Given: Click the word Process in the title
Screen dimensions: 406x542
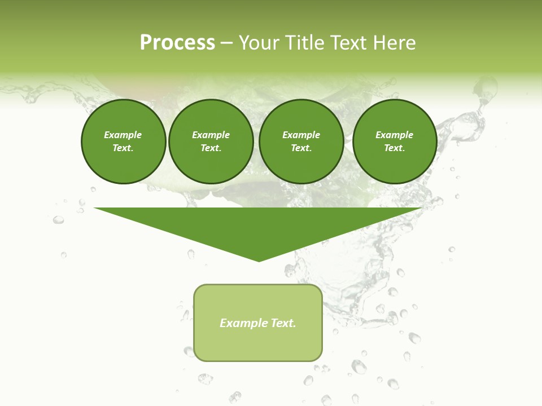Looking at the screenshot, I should coord(177,43).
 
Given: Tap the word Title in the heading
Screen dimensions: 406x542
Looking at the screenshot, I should coord(304,43).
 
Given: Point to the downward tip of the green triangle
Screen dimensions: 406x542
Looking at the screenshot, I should coord(259,260).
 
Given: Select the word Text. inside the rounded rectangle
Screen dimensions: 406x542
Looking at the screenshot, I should coord(283,323).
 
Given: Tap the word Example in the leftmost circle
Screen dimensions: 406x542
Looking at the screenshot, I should coord(123,135).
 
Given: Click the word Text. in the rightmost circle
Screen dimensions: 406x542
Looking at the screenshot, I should coord(394,148).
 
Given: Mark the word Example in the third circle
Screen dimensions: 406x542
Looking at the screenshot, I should coord(301,135).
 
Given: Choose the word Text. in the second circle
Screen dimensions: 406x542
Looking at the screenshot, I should coord(211,148).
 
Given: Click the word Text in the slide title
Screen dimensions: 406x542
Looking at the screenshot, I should coord(348,43).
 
